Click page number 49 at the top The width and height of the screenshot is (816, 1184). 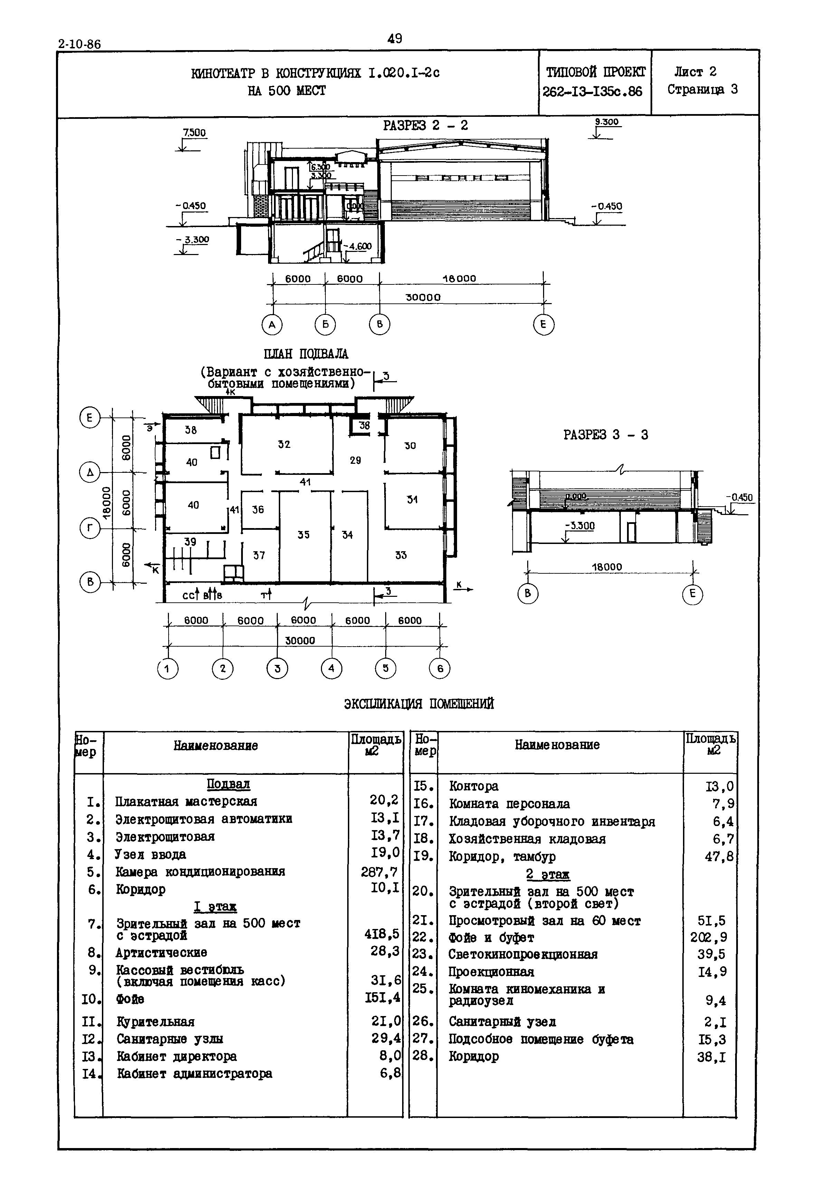395,38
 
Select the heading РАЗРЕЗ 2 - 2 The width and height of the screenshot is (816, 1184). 425,126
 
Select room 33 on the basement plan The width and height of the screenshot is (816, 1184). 401,555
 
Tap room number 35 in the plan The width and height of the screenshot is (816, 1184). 304,535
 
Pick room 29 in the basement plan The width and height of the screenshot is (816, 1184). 355,460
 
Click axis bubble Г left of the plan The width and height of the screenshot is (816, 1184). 90,528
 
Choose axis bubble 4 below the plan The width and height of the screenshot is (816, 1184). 331,668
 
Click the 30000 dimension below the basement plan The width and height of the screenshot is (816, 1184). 300,640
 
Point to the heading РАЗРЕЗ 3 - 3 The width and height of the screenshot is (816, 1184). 606,435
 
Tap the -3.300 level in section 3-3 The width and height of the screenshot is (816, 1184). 580,526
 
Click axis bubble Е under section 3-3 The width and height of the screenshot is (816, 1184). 692,593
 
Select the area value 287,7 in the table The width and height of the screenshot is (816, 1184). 379,872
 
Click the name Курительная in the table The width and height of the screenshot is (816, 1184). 155,1021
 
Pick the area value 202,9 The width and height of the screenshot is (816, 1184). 709,938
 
